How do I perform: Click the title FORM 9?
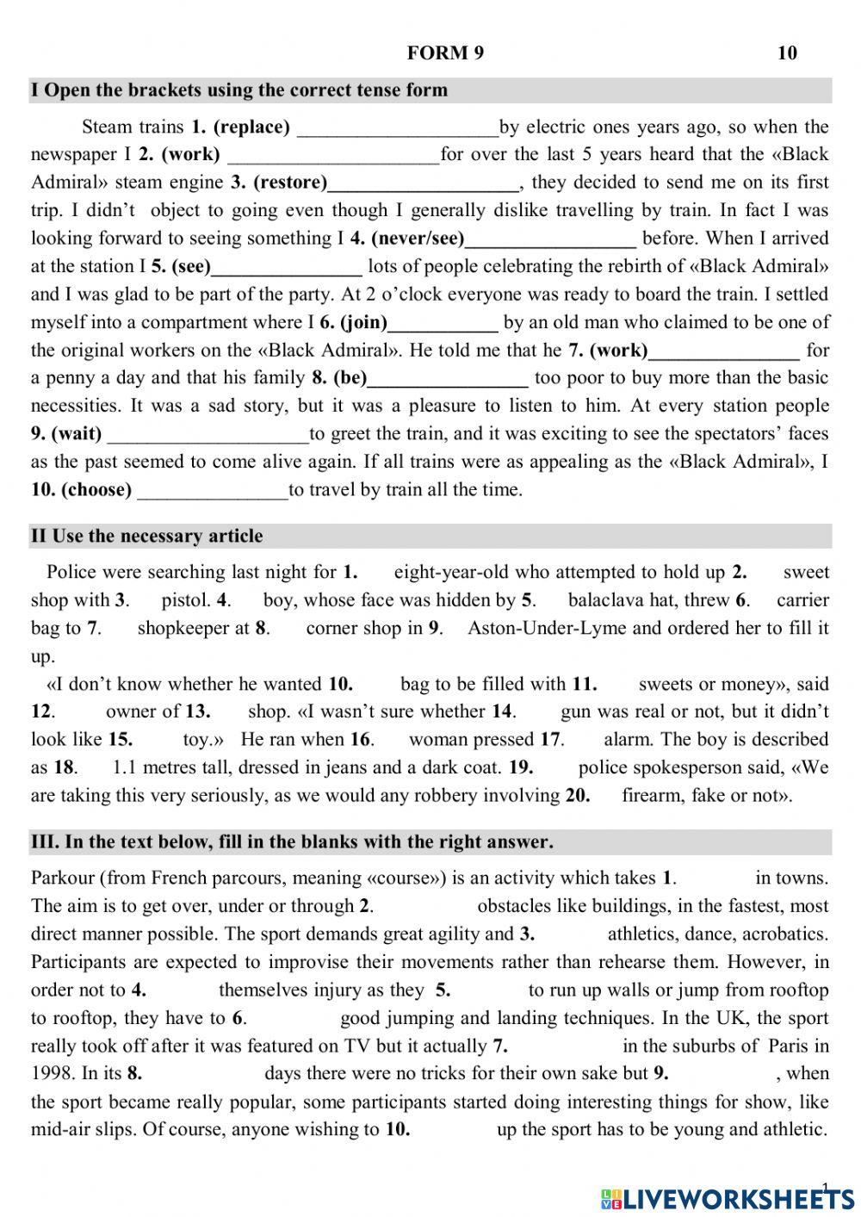click(x=445, y=53)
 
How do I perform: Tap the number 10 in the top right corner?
click(x=787, y=53)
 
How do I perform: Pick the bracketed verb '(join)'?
click(x=363, y=323)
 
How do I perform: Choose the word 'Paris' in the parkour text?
click(x=787, y=1046)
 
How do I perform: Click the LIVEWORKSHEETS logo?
click(x=728, y=1199)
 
